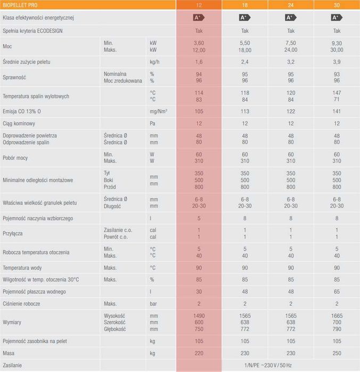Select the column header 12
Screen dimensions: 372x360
pyautogui.click(x=199, y=5)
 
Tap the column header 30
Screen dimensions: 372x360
pyautogui.click(x=337, y=5)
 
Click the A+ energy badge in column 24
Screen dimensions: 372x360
pyautogui.click(x=290, y=18)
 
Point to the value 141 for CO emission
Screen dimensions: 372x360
pyautogui.click(x=337, y=111)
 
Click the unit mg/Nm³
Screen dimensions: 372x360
pyautogui.click(x=159, y=111)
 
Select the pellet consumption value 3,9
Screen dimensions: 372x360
pyautogui.click(x=337, y=62)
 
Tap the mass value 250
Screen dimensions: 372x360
pyautogui.click(x=337, y=353)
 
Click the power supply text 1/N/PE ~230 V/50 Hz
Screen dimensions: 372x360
pyautogui.click(x=268, y=366)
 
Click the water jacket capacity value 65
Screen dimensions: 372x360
pyautogui.click(x=337, y=291)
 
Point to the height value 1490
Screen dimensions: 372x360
pyautogui.click(x=199, y=316)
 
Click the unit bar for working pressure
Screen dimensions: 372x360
pyautogui.click(x=153, y=303)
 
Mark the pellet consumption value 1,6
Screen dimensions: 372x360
pyautogui.click(x=199, y=62)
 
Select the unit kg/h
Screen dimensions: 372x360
pyautogui.click(x=155, y=62)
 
